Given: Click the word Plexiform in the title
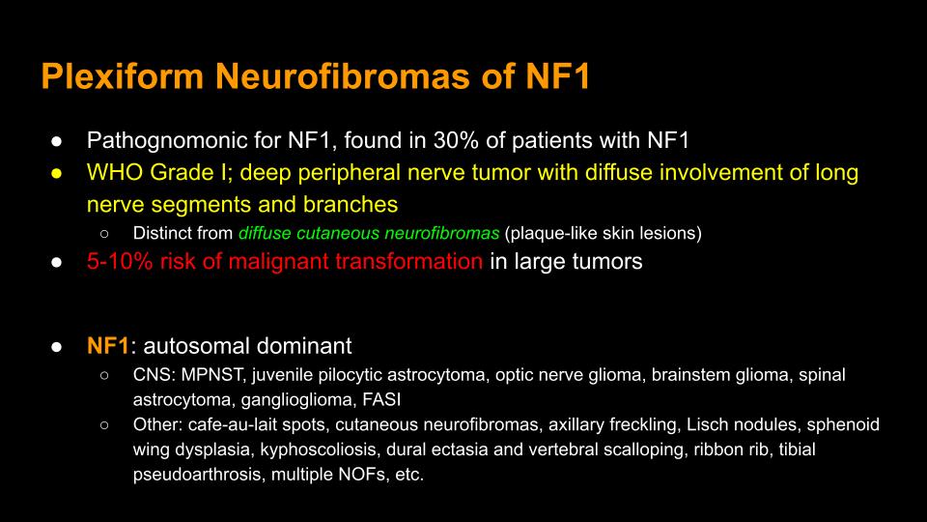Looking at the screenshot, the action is (123, 76).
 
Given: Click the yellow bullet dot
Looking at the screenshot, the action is (57, 173).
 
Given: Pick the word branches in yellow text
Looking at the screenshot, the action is (350, 204).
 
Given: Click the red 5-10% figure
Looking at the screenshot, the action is (120, 261).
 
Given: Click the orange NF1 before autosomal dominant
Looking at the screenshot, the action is (107, 346).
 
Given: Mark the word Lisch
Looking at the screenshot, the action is (704, 425).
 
